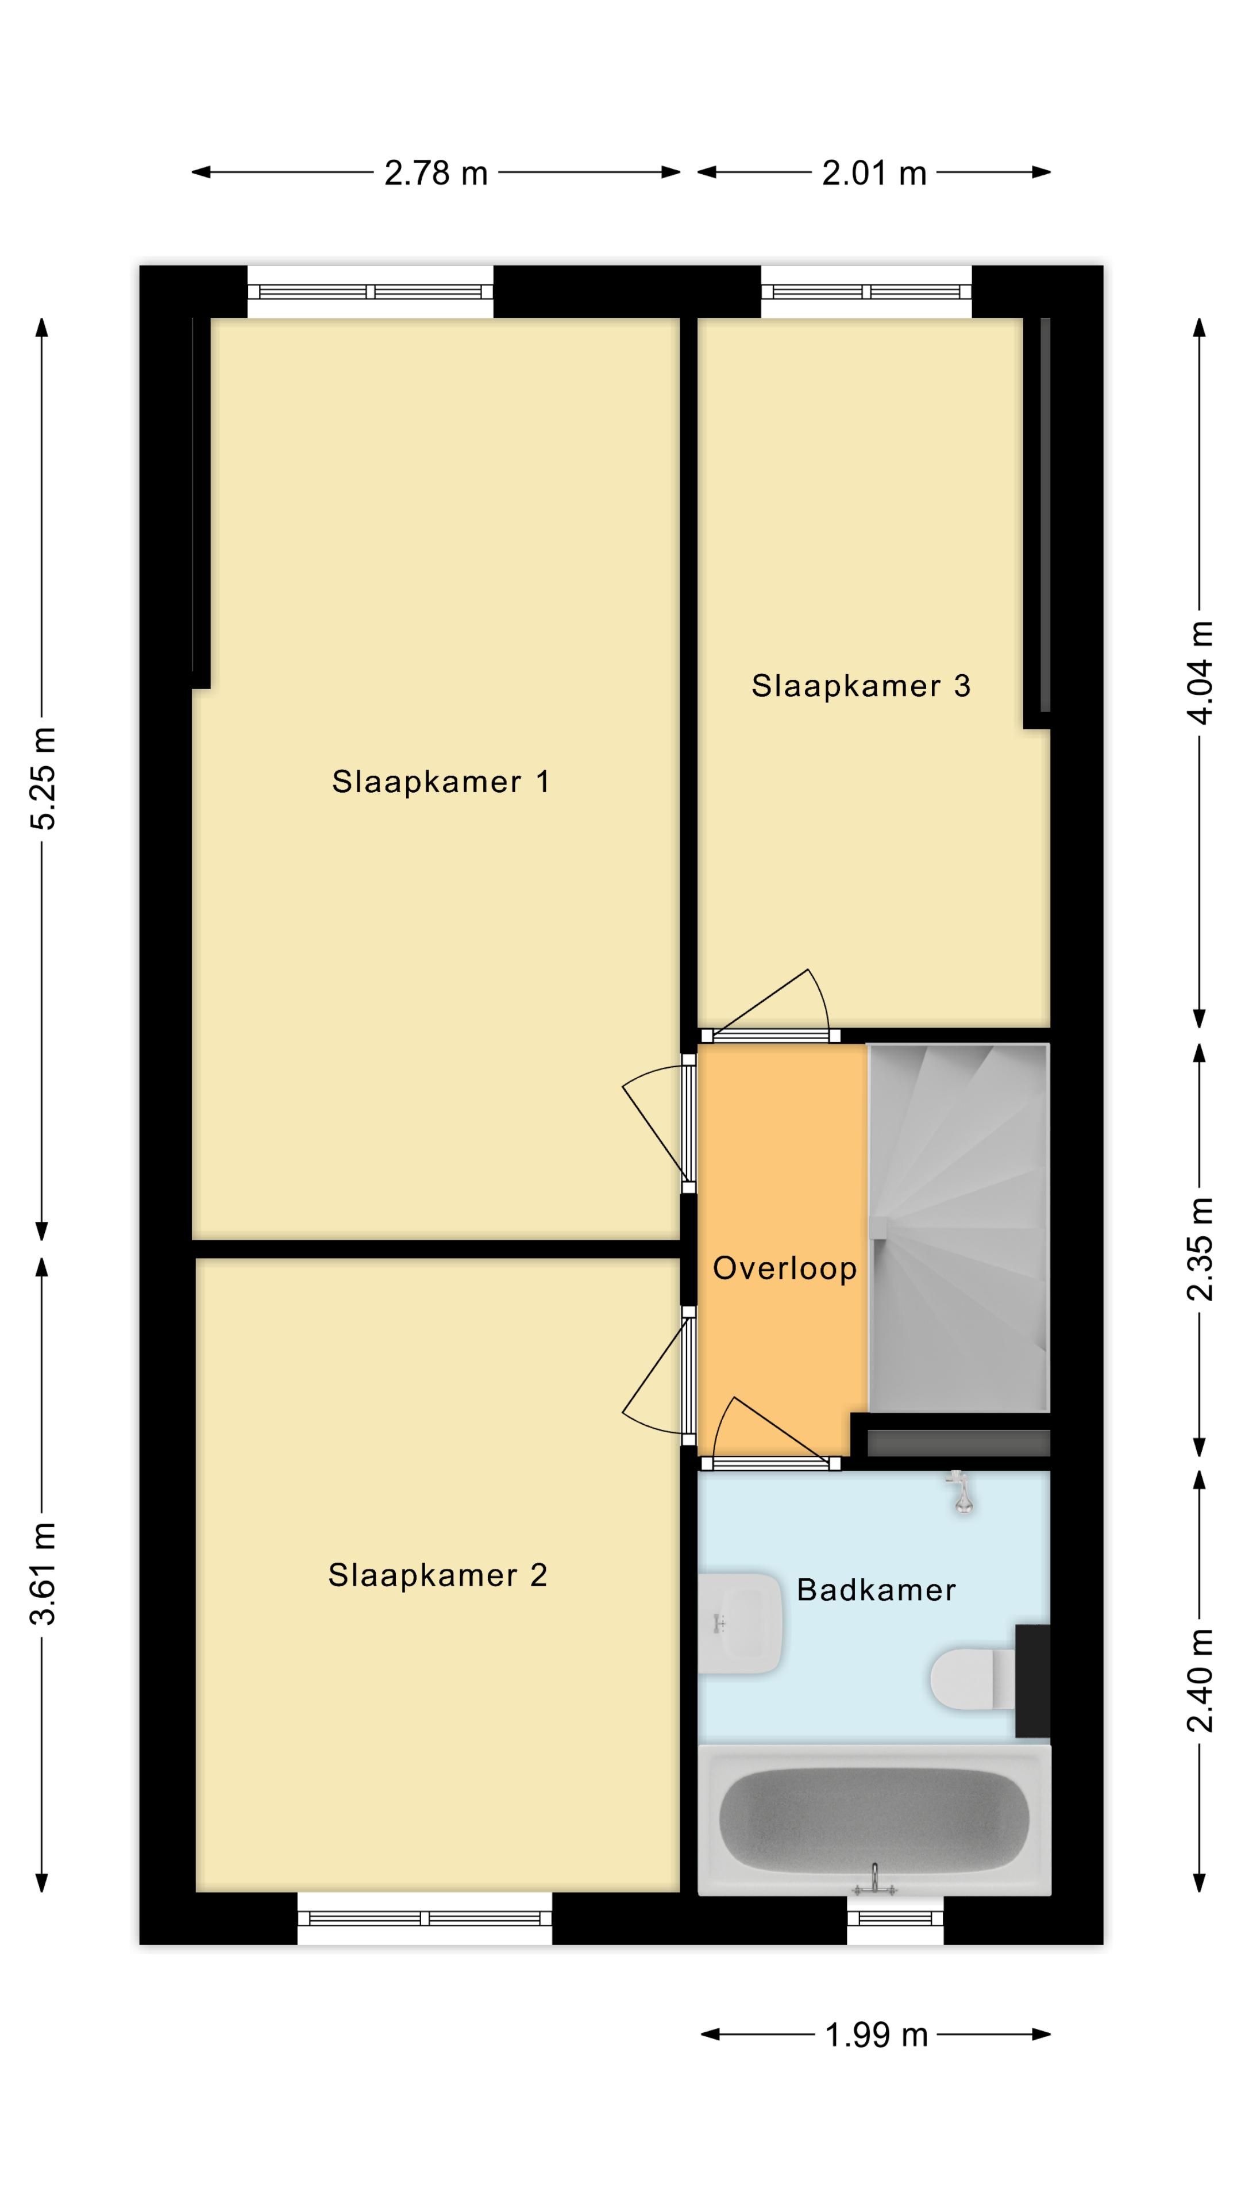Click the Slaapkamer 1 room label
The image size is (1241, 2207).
tap(440, 782)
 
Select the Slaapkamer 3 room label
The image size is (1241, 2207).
tap(861, 686)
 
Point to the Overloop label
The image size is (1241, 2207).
tap(784, 1268)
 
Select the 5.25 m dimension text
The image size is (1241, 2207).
tap(43, 778)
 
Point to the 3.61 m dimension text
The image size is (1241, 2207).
tap(43, 1574)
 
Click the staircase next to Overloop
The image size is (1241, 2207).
tap(958, 1228)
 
